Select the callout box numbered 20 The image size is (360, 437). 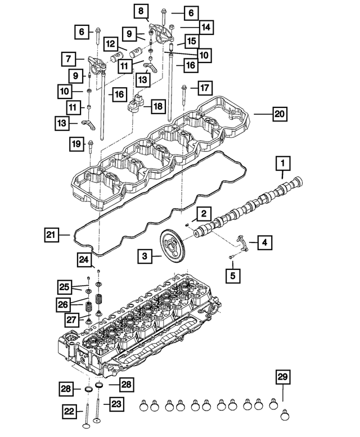click(279, 114)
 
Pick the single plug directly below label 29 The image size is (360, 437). click(285, 417)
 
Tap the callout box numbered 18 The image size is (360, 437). click(156, 106)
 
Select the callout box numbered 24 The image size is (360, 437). click(84, 259)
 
